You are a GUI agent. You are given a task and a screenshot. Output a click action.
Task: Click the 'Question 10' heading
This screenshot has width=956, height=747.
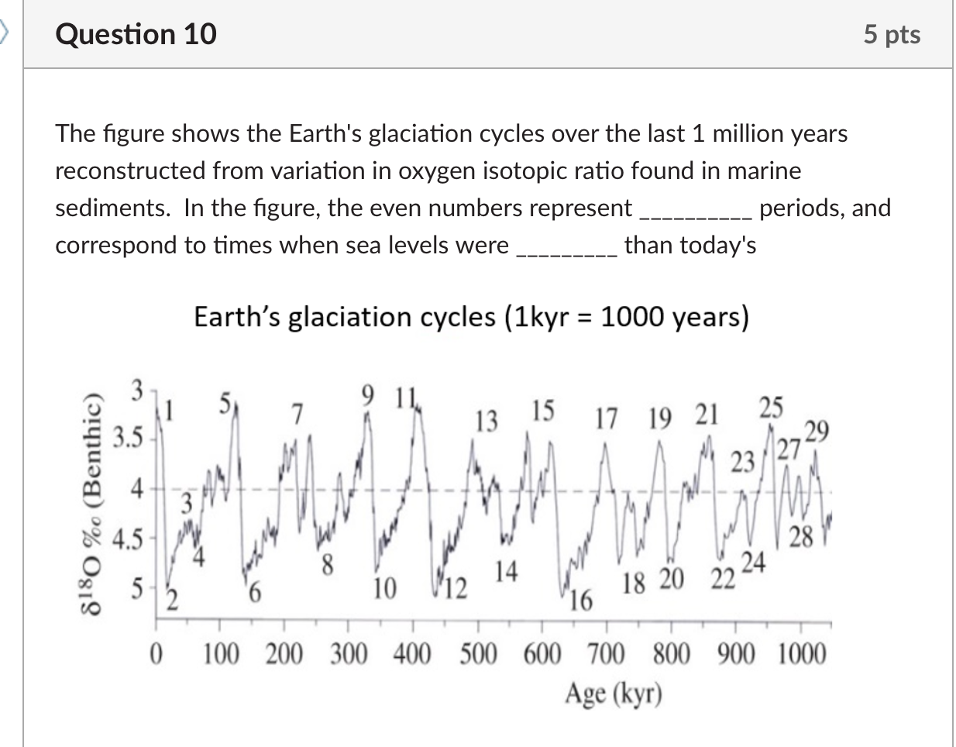pyautogui.click(x=136, y=35)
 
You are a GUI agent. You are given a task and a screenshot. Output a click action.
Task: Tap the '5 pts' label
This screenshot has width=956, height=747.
pyautogui.click(x=892, y=35)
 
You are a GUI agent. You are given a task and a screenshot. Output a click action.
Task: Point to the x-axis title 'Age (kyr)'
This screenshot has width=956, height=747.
pyautogui.click(x=614, y=692)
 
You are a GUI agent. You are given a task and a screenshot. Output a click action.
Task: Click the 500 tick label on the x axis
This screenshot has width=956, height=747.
pyautogui.click(x=478, y=656)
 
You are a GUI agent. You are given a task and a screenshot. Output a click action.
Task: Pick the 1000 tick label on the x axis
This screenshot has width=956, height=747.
pyautogui.click(x=802, y=656)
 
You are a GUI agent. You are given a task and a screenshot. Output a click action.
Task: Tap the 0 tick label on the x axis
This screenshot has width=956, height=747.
pyautogui.click(x=156, y=656)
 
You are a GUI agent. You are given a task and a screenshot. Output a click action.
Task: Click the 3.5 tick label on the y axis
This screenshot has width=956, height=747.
pyautogui.click(x=129, y=439)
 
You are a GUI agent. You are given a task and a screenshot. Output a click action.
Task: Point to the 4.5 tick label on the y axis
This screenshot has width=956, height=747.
pyautogui.click(x=129, y=539)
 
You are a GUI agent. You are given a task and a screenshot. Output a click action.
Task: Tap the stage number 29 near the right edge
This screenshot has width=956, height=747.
pyautogui.click(x=817, y=430)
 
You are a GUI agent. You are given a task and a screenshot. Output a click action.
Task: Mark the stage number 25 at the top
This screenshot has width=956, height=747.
pyautogui.click(x=771, y=407)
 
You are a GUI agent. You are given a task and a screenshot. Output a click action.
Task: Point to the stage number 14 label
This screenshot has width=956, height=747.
pyautogui.click(x=506, y=571)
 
